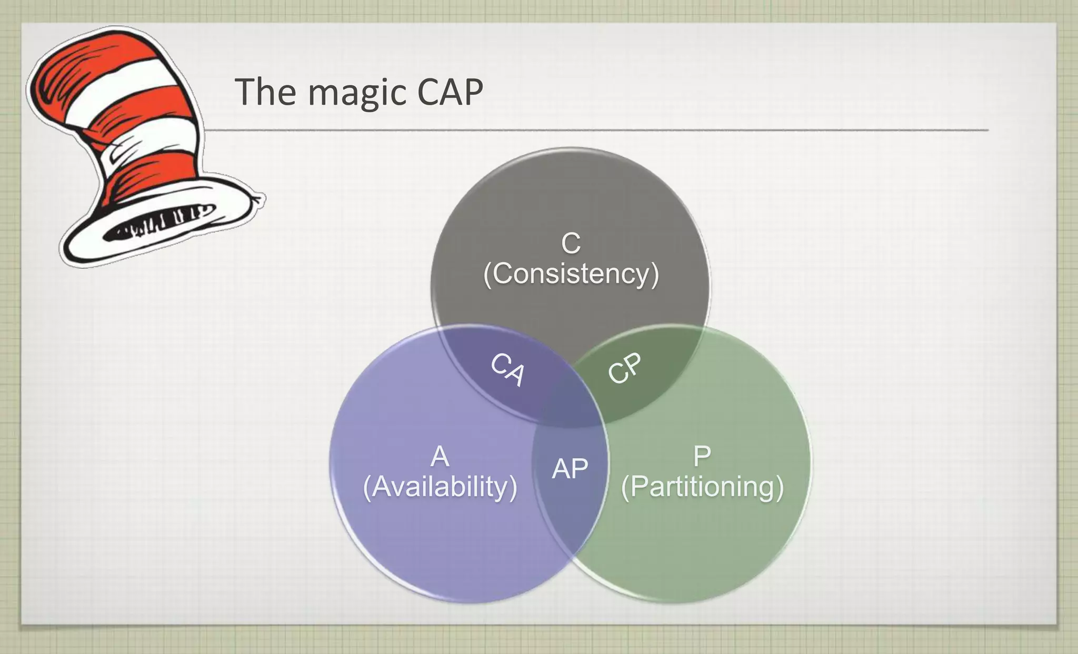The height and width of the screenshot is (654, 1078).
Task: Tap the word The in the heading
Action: coord(265,92)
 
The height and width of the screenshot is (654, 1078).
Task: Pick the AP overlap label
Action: coord(570,468)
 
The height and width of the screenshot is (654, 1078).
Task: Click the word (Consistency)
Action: coord(571,274)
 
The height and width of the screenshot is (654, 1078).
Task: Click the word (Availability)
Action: coord(440,487)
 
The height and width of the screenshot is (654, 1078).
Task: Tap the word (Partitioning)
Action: coord(702,487)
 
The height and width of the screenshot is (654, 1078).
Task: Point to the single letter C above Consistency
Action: coord(571,243)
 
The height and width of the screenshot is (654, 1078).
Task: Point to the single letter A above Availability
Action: coord(440,456)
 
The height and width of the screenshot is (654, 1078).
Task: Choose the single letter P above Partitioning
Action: coord(702,456)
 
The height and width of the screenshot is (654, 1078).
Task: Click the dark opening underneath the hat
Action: coord(158,224)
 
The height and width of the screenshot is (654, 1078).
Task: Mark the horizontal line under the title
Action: coord(595,129)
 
